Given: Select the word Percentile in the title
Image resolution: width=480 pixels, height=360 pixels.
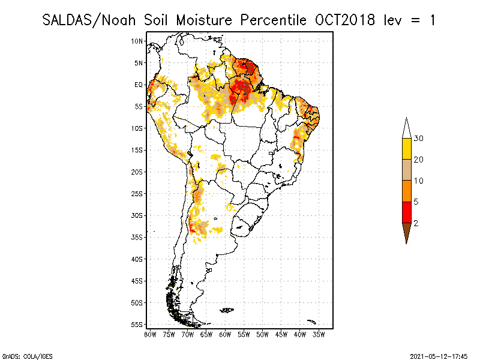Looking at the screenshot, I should point(274,20).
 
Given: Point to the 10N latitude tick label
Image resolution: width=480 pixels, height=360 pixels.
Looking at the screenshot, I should point(137,41).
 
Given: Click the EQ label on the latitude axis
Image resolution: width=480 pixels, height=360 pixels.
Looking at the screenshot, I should point(139,85).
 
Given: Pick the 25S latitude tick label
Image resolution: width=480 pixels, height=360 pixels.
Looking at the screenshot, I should point(137,193).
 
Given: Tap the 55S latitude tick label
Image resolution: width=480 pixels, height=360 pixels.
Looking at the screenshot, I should point(137,324).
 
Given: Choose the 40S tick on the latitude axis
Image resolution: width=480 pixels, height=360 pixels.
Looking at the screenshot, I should point(137,259).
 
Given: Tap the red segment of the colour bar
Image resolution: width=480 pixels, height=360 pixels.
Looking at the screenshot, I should point(406,212).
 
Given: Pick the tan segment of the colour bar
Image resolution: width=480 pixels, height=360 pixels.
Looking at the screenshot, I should point(406,170).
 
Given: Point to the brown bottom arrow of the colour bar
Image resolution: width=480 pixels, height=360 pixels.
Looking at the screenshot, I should point(406,231).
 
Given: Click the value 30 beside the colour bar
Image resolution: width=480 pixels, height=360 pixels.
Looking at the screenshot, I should point(418,139).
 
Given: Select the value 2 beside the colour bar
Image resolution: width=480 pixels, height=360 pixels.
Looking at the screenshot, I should point(416,223).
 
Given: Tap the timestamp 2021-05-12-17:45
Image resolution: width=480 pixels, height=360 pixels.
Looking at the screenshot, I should point(439,355).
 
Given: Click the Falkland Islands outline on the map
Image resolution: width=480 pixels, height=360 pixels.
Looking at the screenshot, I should point(227,310).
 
